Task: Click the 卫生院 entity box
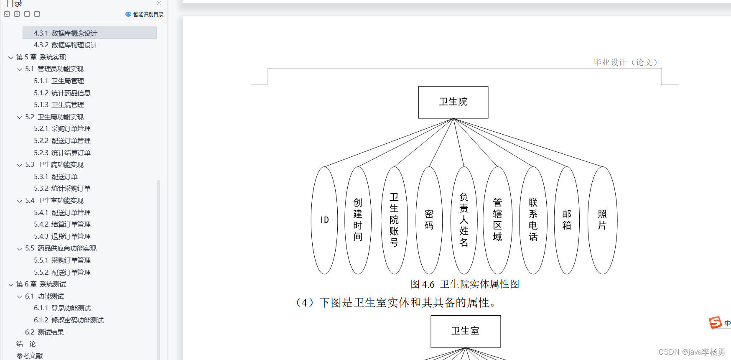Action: pyautogui.click(x=453, y=102)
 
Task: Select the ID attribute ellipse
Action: pyautogui.click(x=324, y=220)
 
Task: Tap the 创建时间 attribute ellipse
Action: pyautogui.click(x=358, y=220)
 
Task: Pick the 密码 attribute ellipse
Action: pyautogui.click(x=429, y=220)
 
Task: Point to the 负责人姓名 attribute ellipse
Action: pyautogui.click(x=464, y=220)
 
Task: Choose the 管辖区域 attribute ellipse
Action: pyautogui.click(x=497, y=220)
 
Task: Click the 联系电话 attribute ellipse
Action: pyautogui.click(x=533, y=220)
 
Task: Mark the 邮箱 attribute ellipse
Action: pyautogui.click(x=567, y=220)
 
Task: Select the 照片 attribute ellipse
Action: pyautogui.click(x=602, y=220)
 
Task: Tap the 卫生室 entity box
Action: pyautogui.click(x=466, y=331)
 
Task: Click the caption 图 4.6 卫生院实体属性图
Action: pyautogui.click(x=465, y=284)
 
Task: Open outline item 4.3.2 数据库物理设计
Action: pyautogui.click(x=65, y=45)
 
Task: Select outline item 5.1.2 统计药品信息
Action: pyautogui.click(x=62, y=93)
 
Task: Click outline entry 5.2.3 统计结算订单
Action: pyautogui.click(x=62, y=153)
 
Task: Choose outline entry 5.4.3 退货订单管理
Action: pyautogui.click(x=62, y=237)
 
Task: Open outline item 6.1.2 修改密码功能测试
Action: pyautogui.click(x=69, y=320)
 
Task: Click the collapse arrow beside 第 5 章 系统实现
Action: pyautogui.click(x=11, y=58)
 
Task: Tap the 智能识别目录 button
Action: pyautogui.click(x=145, y=14)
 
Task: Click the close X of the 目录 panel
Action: pyautogui.click(x=159, y=3)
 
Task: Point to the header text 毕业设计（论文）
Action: pyautogui.click(x=625, y=62)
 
